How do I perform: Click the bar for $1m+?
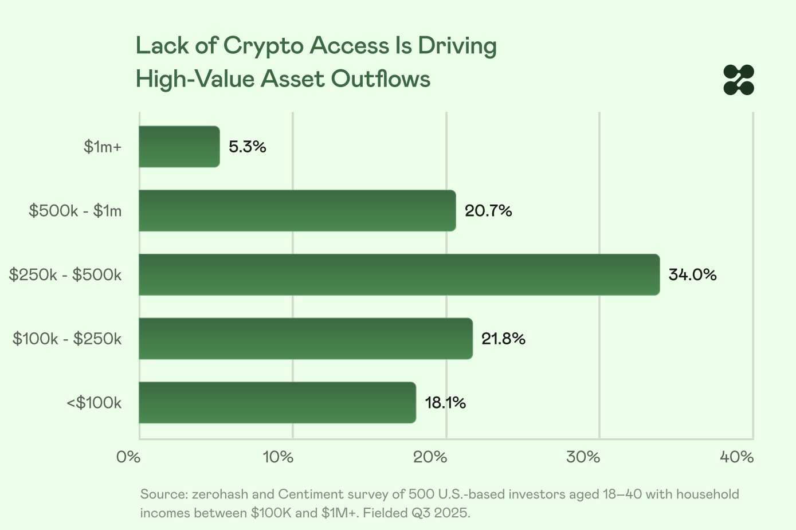pyautogui.click(x=179, y=147)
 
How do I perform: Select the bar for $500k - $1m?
pyautogui.click(x=297, y=211)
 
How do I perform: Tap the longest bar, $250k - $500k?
pyautogui.click(x=399, y=274)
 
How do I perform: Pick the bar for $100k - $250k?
pyautogui.click(x=305, y=339)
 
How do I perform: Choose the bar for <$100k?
pyautogui.click(x=277, y=402)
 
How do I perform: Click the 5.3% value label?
pyautogui.click(x=248, y=147)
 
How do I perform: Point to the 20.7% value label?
pyautogui.click(x=488, y=211)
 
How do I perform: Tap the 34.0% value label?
pyautogui.click(x=692, y=275)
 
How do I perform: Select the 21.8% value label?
pyautogui.click(x=503, y=339)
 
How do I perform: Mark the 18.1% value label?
pyautogui.click(x=445, y=403)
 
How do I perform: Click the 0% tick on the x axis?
pyautogui.click(x=128, y=457)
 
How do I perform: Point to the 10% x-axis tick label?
pyautogui.click(x=278, y=457)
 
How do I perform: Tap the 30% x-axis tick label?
pyautogui.click(x=583, y=457)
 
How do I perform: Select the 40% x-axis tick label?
pyautogui.click(x=736, y=457)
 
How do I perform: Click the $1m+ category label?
pyautogui.click(x=103, y=147)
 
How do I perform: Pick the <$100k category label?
pyautogui.click(x=94, y=403)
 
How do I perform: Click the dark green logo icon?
pyautogui.click(x=739, y=80)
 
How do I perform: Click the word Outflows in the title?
pyautogui.click(x=381, y=78)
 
